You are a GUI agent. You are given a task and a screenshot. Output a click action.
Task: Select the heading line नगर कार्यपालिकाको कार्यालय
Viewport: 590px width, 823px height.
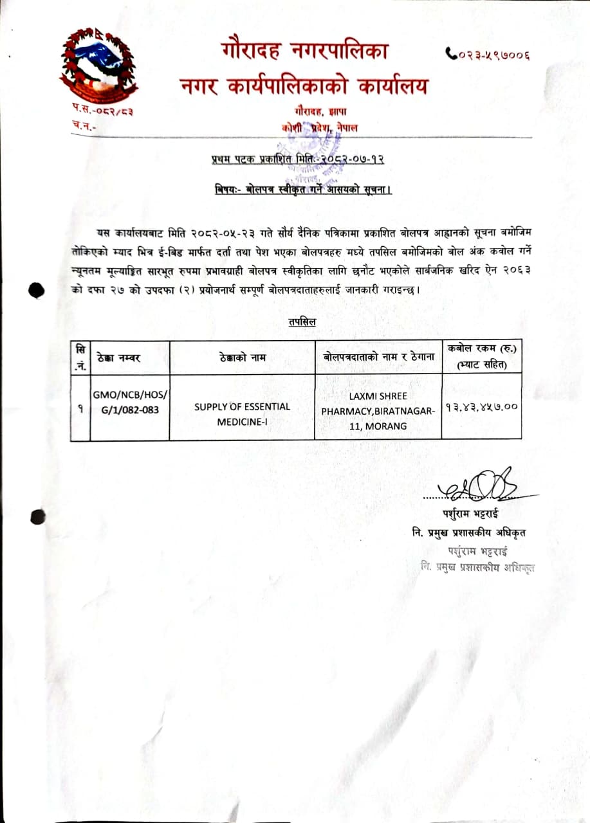click(x=303, y=86)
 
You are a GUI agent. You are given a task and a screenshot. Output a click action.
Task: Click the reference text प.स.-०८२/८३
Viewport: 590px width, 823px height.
click(x=103, y=112)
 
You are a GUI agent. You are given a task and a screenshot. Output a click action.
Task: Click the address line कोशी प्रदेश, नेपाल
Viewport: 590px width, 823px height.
click(x=320, y=128)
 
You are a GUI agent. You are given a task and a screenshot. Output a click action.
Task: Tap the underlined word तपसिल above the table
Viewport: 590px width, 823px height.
click(x=302, y=322)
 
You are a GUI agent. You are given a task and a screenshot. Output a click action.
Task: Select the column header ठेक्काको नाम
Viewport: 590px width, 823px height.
click(x=241, y=357)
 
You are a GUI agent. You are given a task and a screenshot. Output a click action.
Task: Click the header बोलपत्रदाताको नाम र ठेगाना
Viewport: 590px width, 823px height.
click(x=378, y=357)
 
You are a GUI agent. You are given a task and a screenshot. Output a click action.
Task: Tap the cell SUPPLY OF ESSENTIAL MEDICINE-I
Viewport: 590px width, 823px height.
click(x=242, y=413)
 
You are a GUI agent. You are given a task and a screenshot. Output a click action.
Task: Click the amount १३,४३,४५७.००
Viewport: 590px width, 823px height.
click(x=481, y=406)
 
